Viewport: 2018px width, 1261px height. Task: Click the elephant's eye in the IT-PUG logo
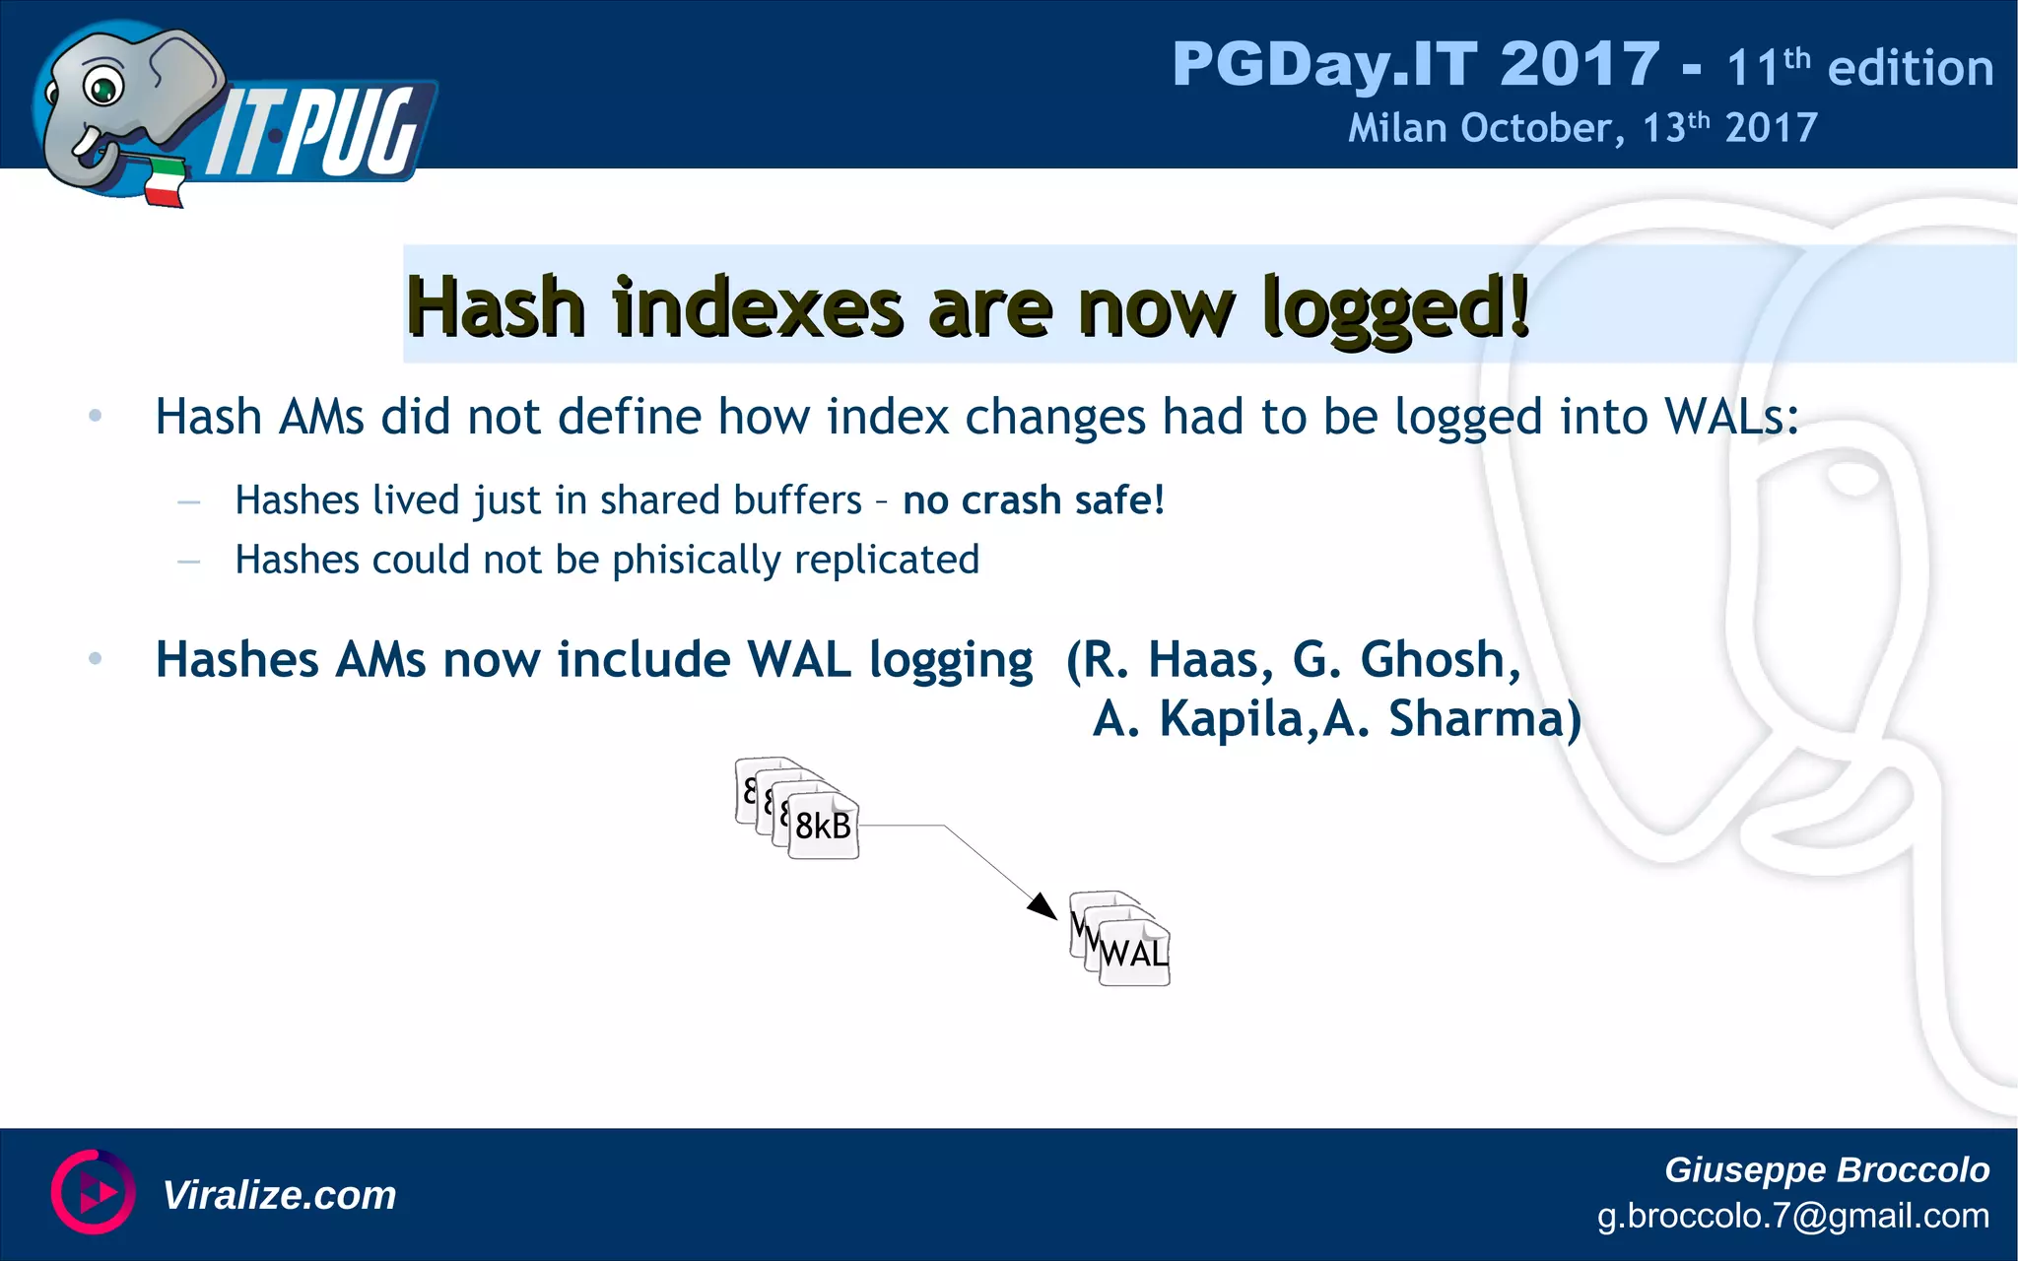[101, 88]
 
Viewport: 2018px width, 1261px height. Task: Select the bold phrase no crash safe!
[1034, 500]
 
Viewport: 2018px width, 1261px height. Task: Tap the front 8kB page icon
[824, 826]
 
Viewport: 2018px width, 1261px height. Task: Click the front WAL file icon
[1134, 953]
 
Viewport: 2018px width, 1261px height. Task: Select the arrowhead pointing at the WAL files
[1043, 905]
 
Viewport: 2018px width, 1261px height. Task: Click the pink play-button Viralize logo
[93, 1192]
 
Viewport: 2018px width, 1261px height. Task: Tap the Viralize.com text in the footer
[279, 1195]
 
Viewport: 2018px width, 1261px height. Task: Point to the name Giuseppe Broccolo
[1826, 1169]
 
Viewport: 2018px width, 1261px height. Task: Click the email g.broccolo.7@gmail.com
[1792, 1216]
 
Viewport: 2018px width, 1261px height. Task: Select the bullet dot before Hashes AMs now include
[96, 658]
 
